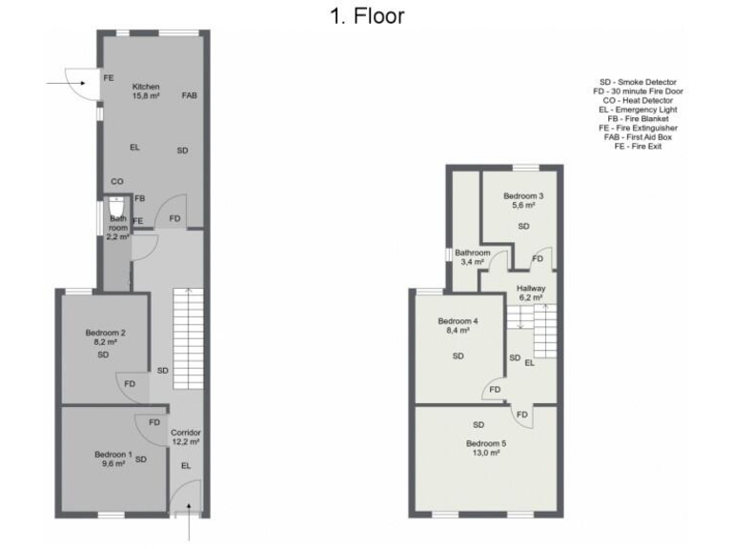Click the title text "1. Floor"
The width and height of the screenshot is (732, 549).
click(x=367, y=15)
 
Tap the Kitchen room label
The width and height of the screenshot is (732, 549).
click(x=146, y=87)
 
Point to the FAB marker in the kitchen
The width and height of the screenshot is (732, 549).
click(x=190, y=95)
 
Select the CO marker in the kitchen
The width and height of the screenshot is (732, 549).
click(x=117, y=181)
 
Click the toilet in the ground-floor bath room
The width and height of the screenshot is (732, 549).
click(x=116, y=207)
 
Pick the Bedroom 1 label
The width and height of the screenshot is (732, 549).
click(x=113, y=455)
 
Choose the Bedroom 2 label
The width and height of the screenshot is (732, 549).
click(x=106, y=333)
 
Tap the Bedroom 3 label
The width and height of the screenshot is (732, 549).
click(x=523, y=195)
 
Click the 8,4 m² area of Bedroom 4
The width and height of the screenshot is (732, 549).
click(x=457, y=331)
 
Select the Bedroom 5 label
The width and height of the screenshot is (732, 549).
click(x=486, y=443)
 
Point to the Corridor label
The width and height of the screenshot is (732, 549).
click(x=185, y=433)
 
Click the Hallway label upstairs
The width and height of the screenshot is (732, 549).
click(x=531, y=288)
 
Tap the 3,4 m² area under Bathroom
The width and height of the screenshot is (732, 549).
click(x=472, y=261)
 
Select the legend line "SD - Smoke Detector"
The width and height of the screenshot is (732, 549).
click(x=638, y=82)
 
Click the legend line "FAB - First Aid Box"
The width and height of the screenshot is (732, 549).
click(x=638, y=137)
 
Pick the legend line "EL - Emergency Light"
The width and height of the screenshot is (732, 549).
click(x=638, y=110)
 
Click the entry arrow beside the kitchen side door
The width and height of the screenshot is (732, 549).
click(x=64, y=84)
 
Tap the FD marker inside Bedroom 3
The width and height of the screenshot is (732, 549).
click(x=539, y=258)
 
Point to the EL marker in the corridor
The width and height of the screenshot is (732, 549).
click(x=186, y=465)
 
